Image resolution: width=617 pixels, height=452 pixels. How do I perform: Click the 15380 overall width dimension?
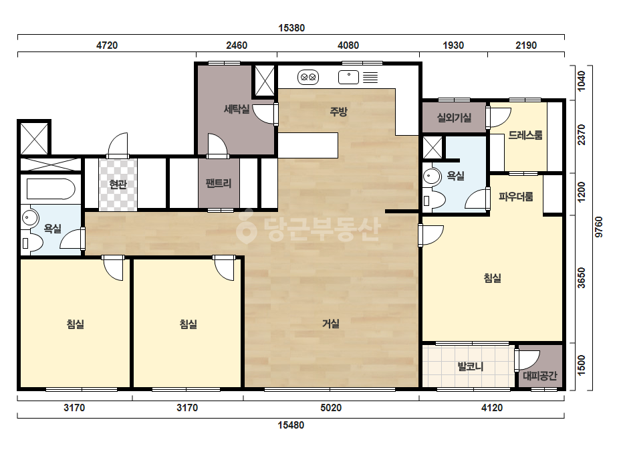point(291,28)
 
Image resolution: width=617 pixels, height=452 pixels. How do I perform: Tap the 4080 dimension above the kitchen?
point(348,45)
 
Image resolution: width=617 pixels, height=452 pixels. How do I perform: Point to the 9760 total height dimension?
point(599,227)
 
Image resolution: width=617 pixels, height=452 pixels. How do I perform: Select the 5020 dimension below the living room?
point(331,407)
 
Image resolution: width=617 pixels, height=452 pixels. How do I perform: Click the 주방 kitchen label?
point(338,112)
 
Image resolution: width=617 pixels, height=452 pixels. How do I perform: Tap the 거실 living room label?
point(331,324)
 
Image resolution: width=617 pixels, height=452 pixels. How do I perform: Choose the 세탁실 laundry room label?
point(237,109)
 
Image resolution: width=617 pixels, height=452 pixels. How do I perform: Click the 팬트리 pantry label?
point(219,183)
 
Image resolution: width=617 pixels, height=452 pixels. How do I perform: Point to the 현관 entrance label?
point(118,185)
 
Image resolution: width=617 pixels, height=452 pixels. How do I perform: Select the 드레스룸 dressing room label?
point(525,135)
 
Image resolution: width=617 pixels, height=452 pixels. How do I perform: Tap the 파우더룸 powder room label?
point(516,196)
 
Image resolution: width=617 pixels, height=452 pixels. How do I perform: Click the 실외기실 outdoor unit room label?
point(454,117)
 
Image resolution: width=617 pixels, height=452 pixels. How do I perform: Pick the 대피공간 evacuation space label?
point(540,376)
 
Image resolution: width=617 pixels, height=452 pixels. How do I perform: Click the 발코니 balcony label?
point(470,366)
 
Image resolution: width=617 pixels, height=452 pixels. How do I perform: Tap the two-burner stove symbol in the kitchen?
point(308,77)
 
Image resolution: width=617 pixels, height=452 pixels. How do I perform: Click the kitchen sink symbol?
point(349,77)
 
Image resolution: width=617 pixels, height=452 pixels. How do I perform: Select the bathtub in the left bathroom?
point(51,189)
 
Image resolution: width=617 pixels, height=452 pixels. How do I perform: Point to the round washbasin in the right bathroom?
point(432,177)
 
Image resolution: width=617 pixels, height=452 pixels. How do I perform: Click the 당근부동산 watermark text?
point(309,229)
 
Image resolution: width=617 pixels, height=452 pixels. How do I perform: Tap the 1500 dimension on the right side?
point(582,365)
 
